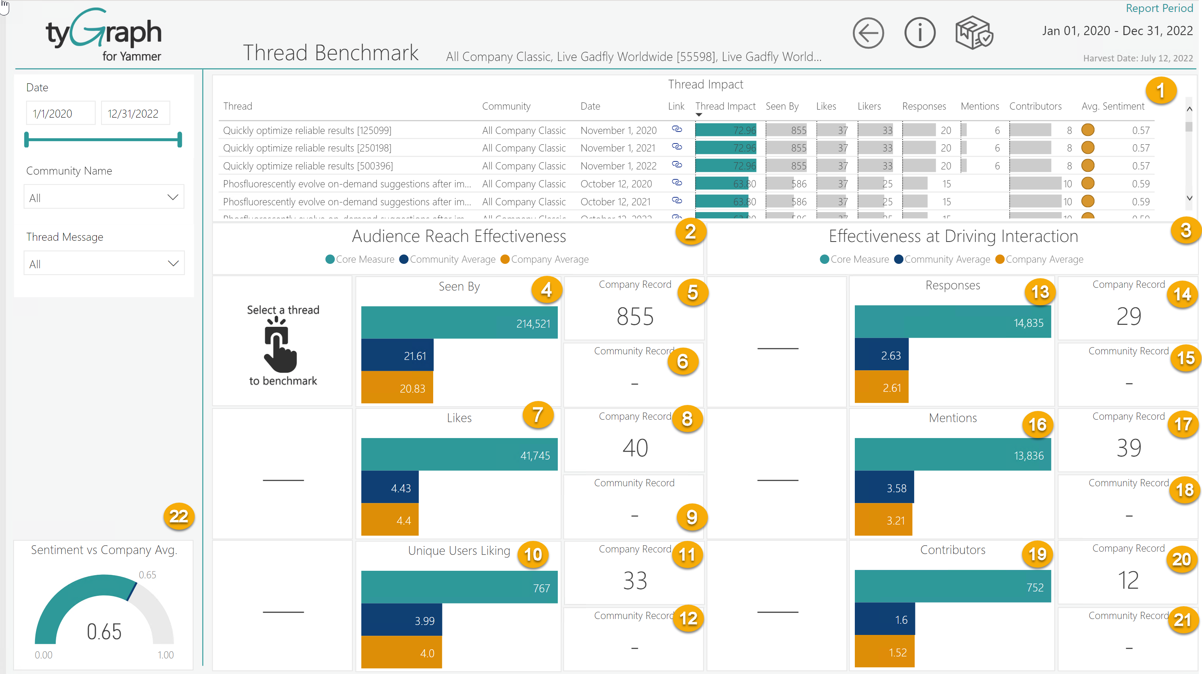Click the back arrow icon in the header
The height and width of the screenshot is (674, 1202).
coord(868,33)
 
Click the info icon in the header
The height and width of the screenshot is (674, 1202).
coord(919,33)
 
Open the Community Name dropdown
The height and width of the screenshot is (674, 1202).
coord(104,198)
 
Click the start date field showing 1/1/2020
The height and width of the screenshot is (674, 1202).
coord(60,114)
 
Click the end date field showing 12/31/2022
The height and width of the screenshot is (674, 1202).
coord(135,114)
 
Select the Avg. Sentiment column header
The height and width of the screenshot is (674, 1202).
coord(1112,106)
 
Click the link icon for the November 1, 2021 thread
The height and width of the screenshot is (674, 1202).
coord(676,147)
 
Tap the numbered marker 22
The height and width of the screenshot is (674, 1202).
coord(179,516)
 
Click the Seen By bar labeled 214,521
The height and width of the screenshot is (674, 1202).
coord(459,323)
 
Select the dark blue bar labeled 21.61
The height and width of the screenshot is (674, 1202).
coord(397,356)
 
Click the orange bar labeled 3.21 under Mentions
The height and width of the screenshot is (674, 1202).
coord(883,520)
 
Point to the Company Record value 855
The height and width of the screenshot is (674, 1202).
coord(635,317)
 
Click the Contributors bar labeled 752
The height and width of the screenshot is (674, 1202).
coord(952,587)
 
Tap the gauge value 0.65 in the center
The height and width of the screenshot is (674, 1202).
coord(104,631)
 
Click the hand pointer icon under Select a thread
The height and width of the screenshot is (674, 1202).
coord(279,345)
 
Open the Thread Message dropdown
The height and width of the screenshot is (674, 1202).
coord(104,263)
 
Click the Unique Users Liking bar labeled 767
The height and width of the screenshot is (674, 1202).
coord(459,588)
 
